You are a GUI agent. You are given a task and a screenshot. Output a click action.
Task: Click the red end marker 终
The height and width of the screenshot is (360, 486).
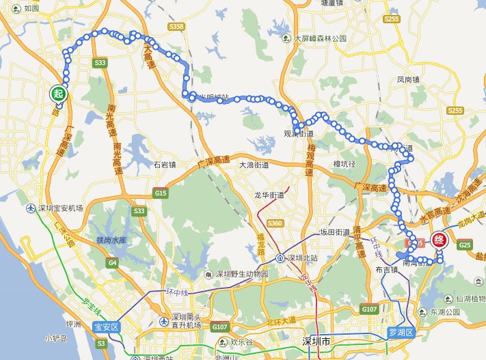click(x=440, y=240)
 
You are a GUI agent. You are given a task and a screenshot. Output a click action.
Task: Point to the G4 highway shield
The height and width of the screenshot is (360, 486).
click(x=112, y=262)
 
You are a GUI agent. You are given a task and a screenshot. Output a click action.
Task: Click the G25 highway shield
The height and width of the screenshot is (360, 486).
click(x=466, y=244)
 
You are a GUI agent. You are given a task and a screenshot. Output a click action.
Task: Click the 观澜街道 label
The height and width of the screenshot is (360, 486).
click(x=298, y=135)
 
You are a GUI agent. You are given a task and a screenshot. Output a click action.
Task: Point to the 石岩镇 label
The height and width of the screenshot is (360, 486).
click(x=165, y=165)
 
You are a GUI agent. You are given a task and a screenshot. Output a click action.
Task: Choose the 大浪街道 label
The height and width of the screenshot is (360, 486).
click(x=254, y=165)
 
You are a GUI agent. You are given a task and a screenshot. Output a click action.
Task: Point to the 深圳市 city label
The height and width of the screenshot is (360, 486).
click(x=317, y=340)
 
